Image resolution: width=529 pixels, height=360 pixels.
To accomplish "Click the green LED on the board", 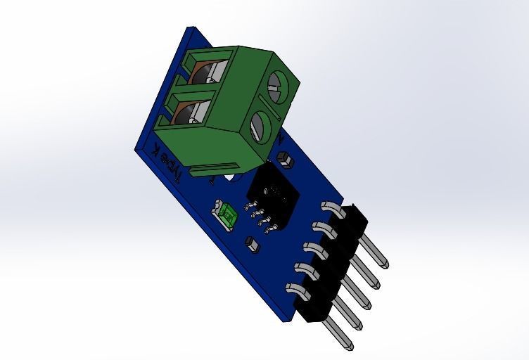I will point(227,214).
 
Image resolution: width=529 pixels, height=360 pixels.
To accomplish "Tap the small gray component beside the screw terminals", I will point(283,158).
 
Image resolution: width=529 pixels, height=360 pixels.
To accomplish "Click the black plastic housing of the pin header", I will point(331,267).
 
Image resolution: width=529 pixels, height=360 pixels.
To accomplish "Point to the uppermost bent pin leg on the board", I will point(331,207).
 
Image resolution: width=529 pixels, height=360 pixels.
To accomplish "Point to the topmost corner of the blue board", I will point(191,29).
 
